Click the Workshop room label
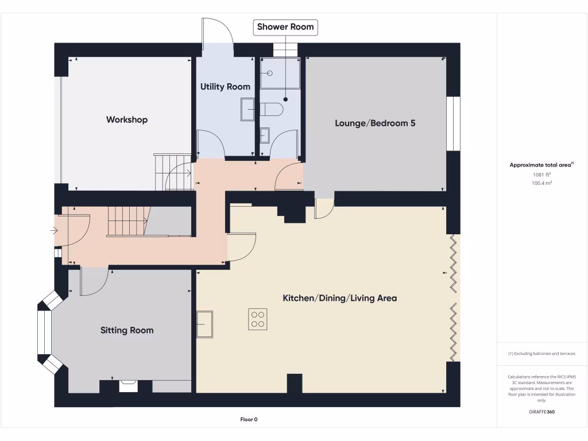127,119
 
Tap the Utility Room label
225,87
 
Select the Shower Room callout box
285,27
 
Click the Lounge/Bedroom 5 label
375,123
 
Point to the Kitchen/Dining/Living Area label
339,298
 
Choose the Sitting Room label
127,330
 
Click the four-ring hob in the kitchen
257,319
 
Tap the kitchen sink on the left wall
204,325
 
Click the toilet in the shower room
271,109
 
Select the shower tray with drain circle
280,73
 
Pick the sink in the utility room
247,109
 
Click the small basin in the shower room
265,136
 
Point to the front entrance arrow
54,231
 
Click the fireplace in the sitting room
128,386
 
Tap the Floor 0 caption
249,420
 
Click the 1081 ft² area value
542,175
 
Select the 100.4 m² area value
542,183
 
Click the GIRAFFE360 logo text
541,412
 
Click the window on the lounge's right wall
454,123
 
